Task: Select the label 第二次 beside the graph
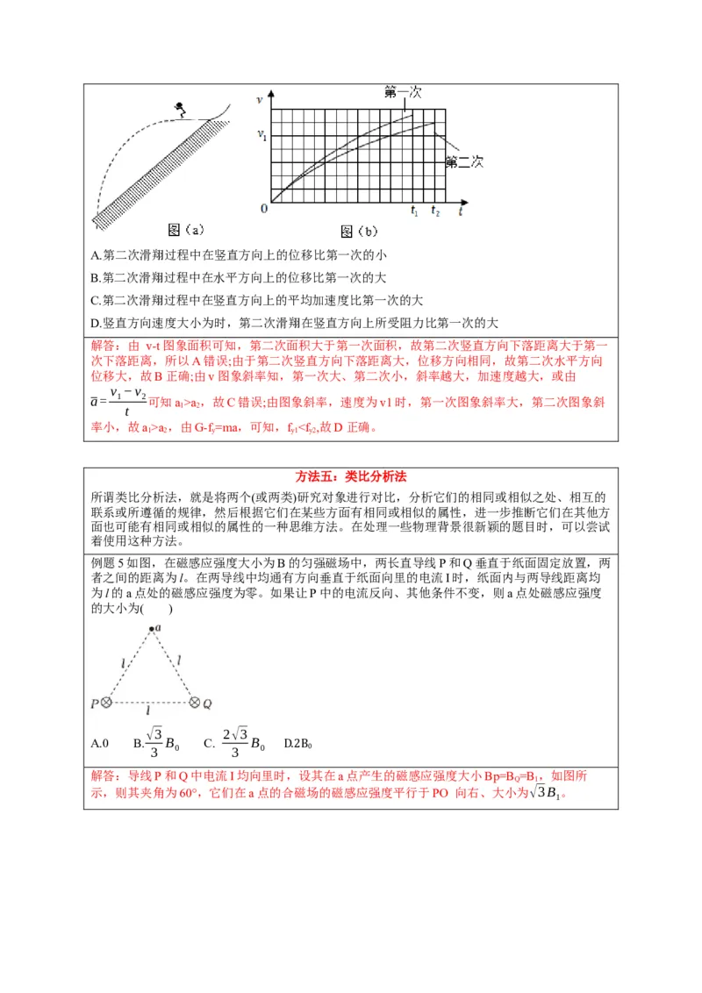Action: click(x=465, y=161)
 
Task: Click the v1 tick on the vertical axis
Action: click(x=261, y=135)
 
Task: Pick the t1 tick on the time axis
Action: click(x=415, y=211)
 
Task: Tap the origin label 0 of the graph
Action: click(x=264, y=209)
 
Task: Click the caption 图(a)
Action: click(x=186, y=230)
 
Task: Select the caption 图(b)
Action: click(x=358, y=232)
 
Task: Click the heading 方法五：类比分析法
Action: click(x=350, y=476)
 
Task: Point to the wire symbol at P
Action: click(x=105, y=703)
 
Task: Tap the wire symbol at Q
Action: click(x=194, y=703)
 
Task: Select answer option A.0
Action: click(x=99, y=744)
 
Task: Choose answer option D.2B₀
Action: click(x=298, y=744)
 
